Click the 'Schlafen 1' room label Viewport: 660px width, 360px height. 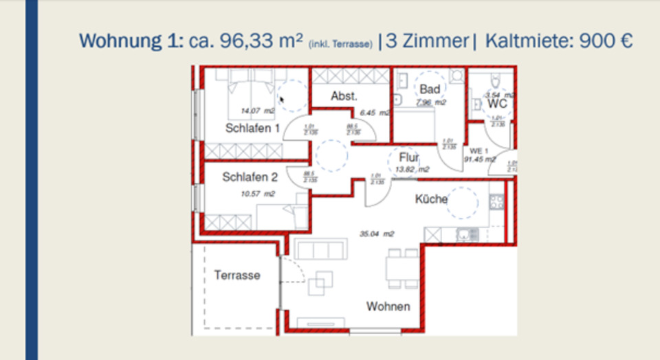tap(252, 128)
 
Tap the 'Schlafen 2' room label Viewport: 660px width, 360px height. tap(250, 177)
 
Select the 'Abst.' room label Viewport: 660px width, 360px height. tap(344, 96)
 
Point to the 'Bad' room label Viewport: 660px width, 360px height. tap(430, 89)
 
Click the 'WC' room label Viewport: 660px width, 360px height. tap(497, 104)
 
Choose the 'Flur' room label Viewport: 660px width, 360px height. tap(409, 158)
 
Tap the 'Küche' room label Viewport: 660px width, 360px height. tap(431, 199)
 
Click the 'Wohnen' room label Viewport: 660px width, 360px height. tap(388, 306)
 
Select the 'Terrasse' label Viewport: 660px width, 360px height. tap(236, 275)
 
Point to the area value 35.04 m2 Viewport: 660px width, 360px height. tap(377, 234)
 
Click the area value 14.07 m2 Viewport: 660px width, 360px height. tap(258, 111)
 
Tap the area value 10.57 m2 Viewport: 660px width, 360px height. tap(257, 194)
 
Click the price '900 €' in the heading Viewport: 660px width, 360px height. tap(605, 41)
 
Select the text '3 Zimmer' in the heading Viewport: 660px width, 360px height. tap(426, 41)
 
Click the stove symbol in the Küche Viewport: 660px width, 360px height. tap(496, 202)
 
